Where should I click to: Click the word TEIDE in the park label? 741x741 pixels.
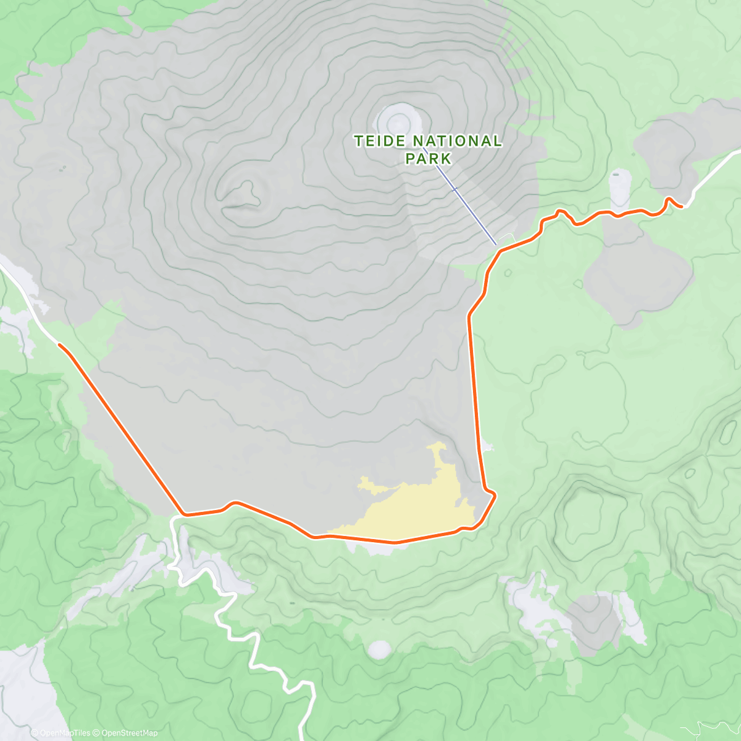tap(375, 141)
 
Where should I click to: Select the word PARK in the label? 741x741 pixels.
tap(428, 159)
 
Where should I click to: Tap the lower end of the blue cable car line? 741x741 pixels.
tap(495, 245)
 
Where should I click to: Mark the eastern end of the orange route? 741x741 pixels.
tap(681, 207)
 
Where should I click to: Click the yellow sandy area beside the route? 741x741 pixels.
tap(420, 506)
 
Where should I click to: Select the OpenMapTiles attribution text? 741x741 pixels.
tap(61, 733)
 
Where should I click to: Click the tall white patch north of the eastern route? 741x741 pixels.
tap(619, 188)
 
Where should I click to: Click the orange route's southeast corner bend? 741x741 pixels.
tap(493, 495)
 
